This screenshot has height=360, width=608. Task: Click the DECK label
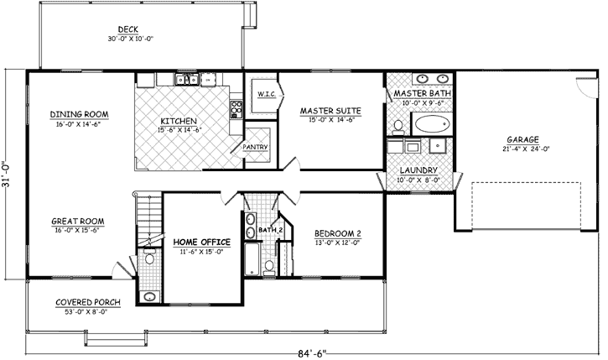[128, 29]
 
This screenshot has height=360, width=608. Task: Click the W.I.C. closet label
[267, 93]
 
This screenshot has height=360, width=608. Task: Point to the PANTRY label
[255, 148]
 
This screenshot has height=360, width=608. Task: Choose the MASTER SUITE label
[330, 111]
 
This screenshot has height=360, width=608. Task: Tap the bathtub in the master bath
[431, 126]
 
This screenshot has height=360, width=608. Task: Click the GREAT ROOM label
[76, 222]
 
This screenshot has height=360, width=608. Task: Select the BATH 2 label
[268, 229]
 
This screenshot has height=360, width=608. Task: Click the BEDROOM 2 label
[337, 233]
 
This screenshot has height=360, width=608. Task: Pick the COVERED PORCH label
[88, 302]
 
